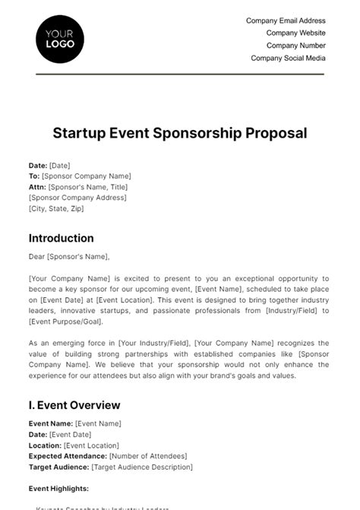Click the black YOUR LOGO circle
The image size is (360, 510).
click(60, 39)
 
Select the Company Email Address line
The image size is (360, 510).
click(286, 21)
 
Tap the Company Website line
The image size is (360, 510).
click(295, 33)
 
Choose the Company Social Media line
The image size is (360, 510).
click(288, 58)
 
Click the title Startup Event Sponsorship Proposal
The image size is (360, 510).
click(180, 133)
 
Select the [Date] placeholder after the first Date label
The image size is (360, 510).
click(59, 165)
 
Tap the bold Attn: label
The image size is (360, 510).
click(37, 186)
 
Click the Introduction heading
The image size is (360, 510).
click(62, 238)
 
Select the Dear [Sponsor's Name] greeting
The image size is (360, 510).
click(69, 256)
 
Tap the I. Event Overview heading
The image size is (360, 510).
click(74, 405)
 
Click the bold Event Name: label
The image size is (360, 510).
click(51, 423)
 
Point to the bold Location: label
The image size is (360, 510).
click(46, 445)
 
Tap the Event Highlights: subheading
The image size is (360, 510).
click(58, 489)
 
